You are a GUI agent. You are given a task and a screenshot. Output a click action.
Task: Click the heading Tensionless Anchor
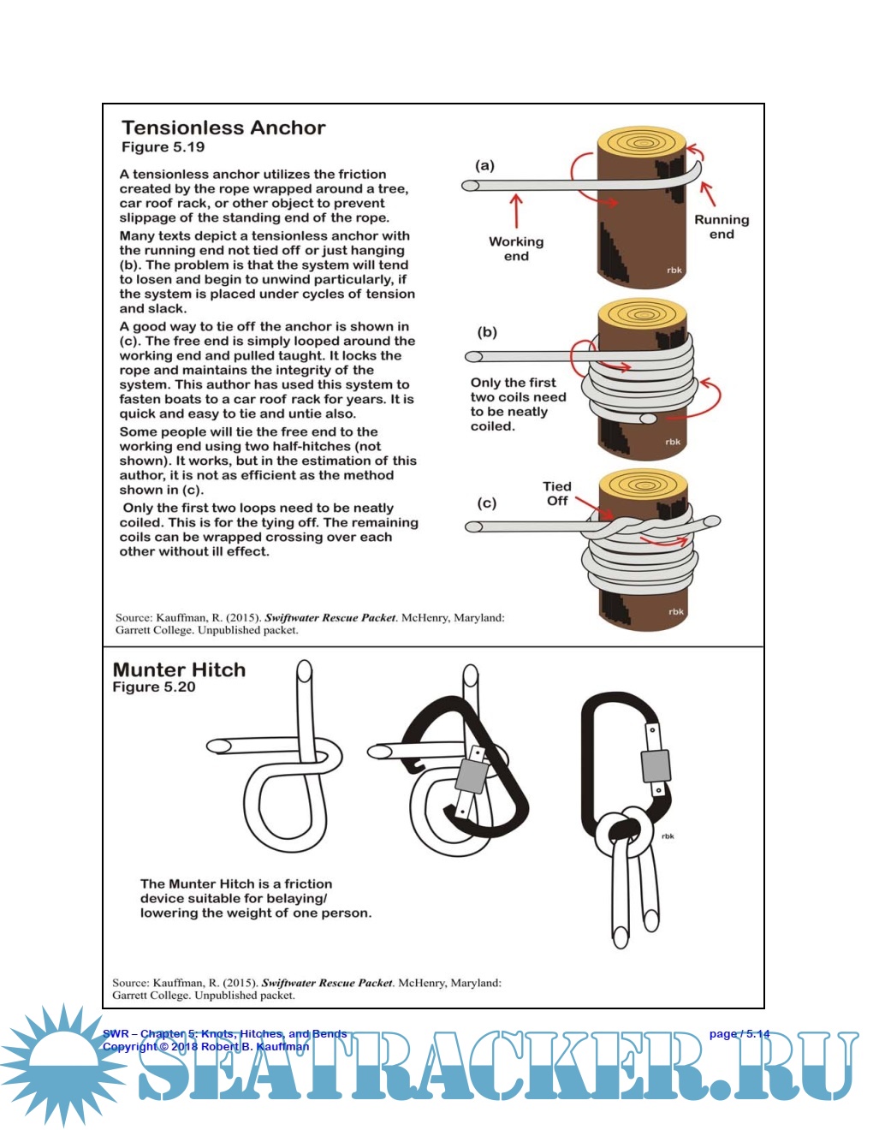(x=223, y=128)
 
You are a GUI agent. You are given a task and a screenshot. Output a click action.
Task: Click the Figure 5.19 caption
(x=163, y=147)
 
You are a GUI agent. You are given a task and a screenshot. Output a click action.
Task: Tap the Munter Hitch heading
(x=179, y=669)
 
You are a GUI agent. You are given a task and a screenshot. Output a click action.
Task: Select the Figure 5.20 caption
(x=154, y=687)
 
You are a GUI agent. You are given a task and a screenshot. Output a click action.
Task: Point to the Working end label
(x=516, y=249)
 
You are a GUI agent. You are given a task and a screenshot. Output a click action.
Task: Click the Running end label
(x=722, y=227)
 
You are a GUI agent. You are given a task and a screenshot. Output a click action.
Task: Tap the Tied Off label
(x=557, y=493)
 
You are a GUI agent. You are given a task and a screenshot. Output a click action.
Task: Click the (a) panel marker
(x=485, y=165)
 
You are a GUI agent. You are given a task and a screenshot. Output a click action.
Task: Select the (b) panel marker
(x=487, y=332)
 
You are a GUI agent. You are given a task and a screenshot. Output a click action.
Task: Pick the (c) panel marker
(x=487, y=503)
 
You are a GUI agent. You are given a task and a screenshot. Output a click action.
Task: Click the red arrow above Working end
(x=516, y=211)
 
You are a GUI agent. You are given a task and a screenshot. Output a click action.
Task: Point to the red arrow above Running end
(x=708, y=193)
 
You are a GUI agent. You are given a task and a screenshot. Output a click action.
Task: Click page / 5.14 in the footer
(x=739, y=1033)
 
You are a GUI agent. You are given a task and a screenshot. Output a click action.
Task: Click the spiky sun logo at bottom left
(x=62, y=1065)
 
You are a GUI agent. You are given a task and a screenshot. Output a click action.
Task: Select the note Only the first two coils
(x=518, y=404)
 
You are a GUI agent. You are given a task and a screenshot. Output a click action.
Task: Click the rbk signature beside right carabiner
(x=668, y=836)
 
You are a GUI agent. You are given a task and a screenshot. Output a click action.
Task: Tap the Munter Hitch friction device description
(x=255, y=898)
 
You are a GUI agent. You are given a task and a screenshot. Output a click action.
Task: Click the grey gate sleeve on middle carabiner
(x=472, y=775)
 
